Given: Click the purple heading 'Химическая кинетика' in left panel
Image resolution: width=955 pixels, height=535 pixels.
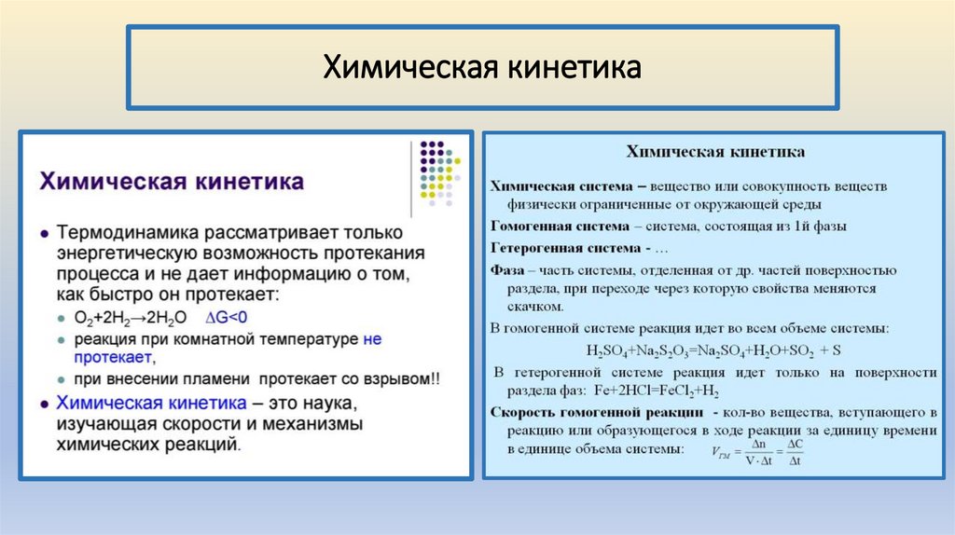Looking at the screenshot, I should coord(171,181).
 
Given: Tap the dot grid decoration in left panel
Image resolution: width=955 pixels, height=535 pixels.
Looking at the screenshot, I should coord(437,171).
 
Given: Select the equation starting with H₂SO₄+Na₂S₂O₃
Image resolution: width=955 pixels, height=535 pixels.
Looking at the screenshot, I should coord(713,350).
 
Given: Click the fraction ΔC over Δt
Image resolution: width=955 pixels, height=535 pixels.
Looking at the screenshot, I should coord(795,453).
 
